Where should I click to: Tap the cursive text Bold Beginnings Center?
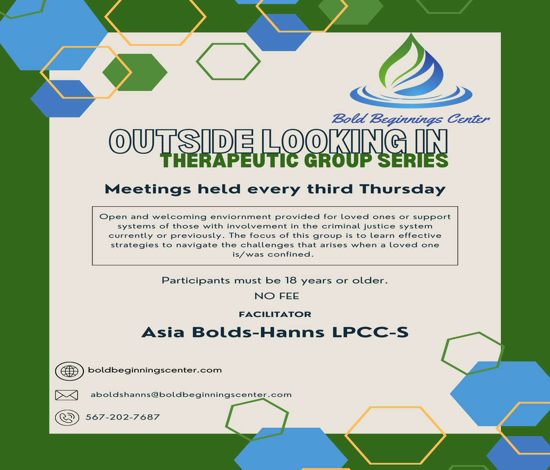[411, 119]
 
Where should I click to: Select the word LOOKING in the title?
[333, 142]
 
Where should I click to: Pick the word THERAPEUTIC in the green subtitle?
[231, 161]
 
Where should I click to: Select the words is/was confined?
[273, 255]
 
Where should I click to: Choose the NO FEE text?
[277, 296]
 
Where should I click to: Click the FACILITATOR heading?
[275, 314]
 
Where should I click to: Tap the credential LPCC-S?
[370, 332]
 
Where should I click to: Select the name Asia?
[163, 332]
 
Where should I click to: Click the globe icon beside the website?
[70, 371]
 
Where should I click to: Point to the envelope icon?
[66, 395]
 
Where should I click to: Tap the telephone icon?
[67, 418]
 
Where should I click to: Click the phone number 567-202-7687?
[123, 417]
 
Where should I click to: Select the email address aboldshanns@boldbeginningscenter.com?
[191, 394]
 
